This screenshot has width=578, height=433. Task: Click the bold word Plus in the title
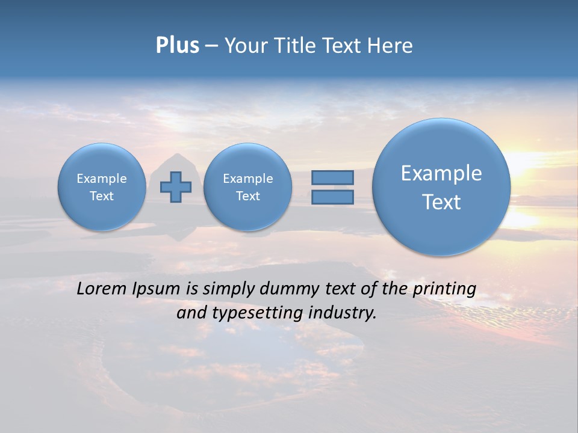(177, 46)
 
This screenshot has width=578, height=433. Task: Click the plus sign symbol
(176, 186)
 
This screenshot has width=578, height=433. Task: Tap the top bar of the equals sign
(332, 177)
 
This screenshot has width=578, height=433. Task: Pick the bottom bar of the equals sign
(332, 197)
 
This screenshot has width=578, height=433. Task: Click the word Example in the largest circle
(441, 173)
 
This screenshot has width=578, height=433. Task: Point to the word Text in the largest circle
(441, 202)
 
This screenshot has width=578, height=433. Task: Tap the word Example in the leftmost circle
(102, 179)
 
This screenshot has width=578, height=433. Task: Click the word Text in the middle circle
(247, 196)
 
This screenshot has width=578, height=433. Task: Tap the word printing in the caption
(444, 289)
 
